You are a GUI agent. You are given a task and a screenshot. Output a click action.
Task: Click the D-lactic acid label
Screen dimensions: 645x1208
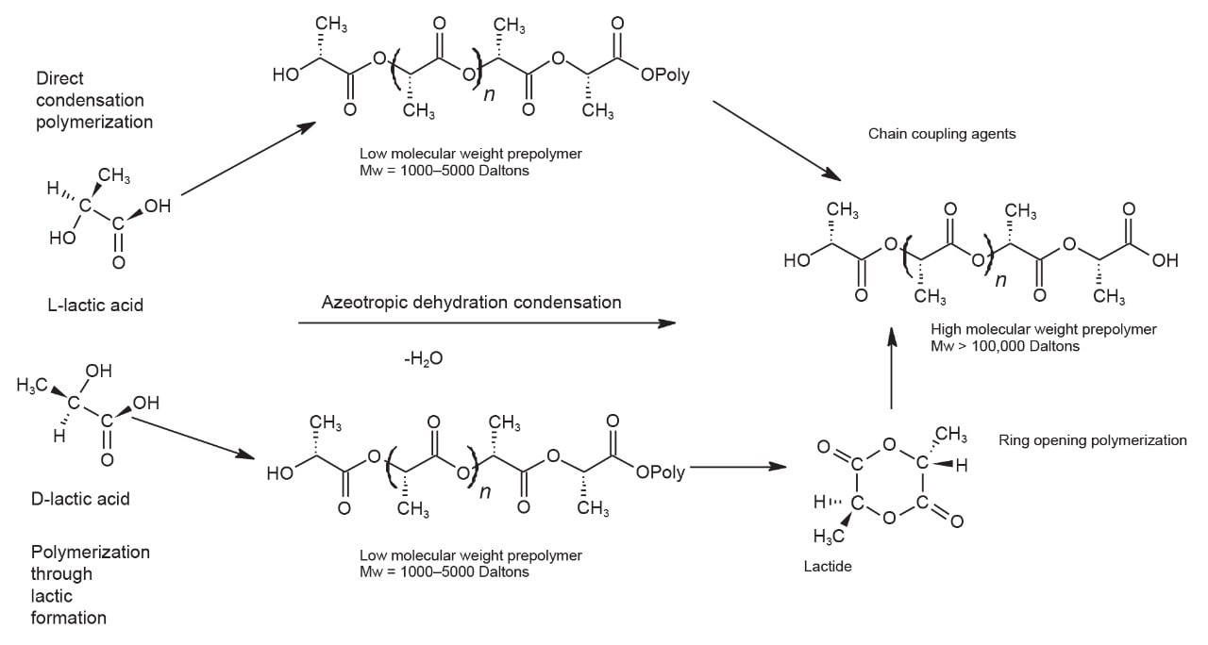[x=80, y=499]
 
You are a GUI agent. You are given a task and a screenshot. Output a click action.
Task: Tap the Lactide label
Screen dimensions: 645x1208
[x=826, y=565]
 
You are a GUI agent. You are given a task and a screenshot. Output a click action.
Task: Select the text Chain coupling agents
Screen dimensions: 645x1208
[x=942, y=134]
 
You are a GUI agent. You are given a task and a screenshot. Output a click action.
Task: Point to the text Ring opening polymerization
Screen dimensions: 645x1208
[x=1092, y=440]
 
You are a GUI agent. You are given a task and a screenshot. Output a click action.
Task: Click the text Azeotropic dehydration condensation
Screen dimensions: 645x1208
[x=472, y=303]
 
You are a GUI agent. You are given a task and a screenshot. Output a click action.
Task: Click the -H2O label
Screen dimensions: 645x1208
[x=422, y=358]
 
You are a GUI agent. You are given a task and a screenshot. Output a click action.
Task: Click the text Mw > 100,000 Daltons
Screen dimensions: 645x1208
[x=1005, y=346]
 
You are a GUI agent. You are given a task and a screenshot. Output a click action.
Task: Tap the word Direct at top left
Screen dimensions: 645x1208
[x=60, y=78]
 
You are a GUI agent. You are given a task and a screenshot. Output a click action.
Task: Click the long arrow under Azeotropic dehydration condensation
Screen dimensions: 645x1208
[x=487, y=323]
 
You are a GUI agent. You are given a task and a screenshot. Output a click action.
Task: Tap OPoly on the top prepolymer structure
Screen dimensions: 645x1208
[x=665, y=75]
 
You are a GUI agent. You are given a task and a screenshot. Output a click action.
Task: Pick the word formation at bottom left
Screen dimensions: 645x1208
[x=69, y=619]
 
